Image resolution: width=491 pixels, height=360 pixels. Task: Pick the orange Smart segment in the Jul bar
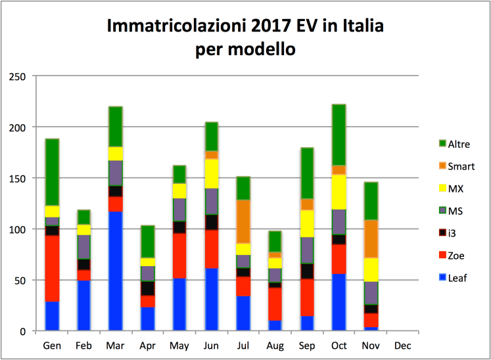pos(243,221)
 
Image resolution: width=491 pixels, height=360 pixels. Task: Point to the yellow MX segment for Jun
pos(211,173)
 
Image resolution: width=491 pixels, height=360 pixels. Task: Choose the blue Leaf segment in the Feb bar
pos(84,305)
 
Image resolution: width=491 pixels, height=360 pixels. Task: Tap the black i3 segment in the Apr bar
pos(147,288)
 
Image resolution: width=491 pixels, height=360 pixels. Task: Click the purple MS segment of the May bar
pos(179,210)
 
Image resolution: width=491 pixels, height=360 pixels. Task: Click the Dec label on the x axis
pos(402,346)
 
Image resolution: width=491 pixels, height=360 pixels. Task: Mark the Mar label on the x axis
pos(116,346)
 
